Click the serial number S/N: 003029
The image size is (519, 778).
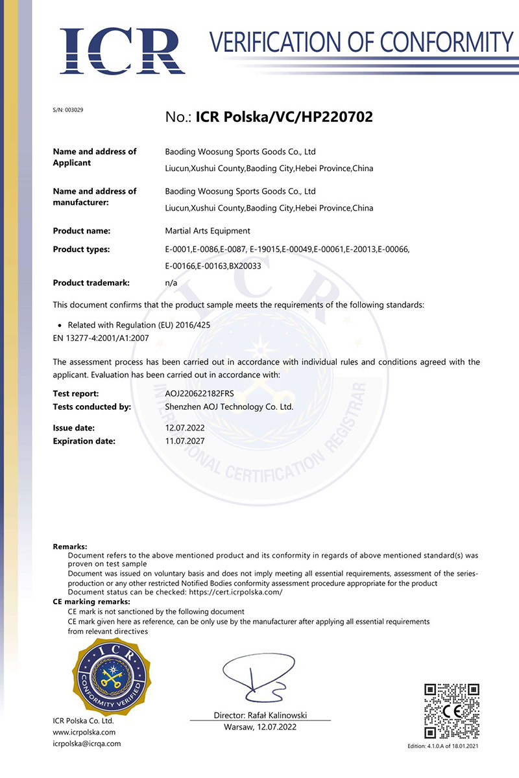[67, 110]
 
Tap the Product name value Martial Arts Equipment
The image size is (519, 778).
[208, 231]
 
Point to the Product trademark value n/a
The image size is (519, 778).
[171, 283]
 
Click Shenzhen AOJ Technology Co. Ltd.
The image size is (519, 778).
[229, 407]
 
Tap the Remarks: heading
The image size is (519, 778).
[69, 547]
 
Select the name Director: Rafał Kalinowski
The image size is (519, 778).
[260, 715]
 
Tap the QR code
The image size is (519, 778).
[452, 711]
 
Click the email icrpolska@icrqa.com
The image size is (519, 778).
[86, 744]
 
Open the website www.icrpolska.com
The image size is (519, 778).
[84, 732]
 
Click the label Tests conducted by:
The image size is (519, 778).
[91, 407]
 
